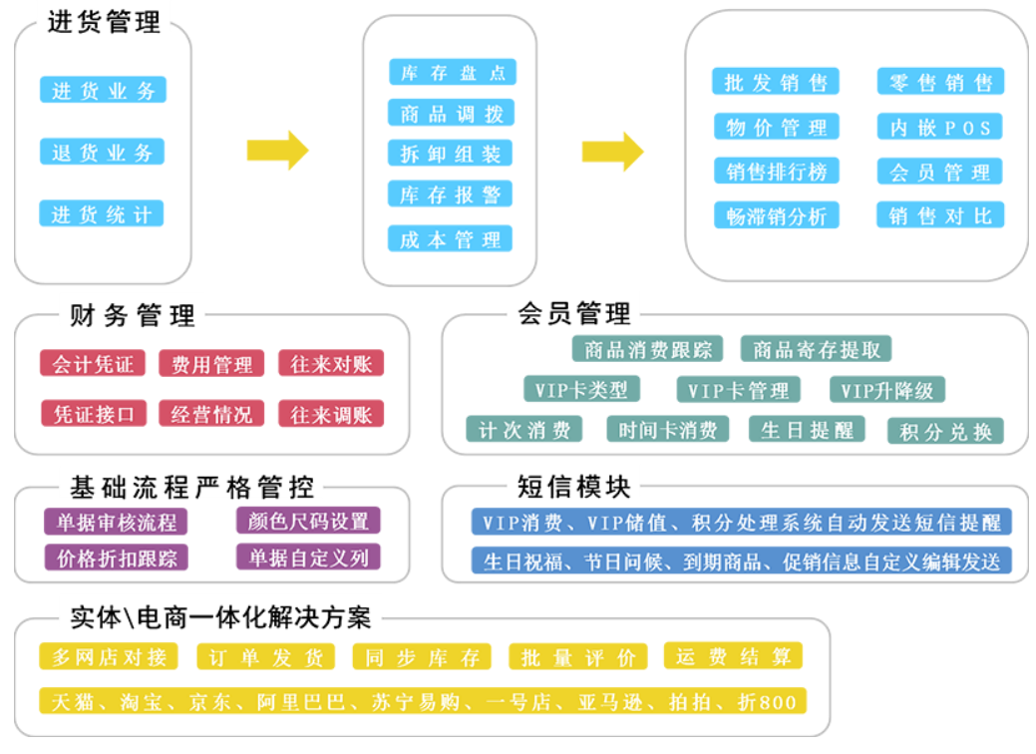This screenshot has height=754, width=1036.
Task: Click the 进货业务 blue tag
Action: [x=103, y=90]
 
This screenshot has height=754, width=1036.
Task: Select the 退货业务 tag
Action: [x=102, y=152]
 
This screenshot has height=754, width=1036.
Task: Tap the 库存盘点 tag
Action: [x=452, y=72]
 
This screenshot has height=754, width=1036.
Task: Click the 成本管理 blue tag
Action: [x=451, y=239]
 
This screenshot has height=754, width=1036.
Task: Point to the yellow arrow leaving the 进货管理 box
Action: [x=277, y=150]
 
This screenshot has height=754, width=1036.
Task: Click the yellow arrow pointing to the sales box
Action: [x=612, y=151]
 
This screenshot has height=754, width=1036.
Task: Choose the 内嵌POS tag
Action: [x=939, y=127]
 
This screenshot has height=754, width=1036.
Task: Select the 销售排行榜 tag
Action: [x=776, y=172]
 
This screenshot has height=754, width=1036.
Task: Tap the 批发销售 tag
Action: [x=776, y=82]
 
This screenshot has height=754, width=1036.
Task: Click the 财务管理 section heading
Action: [x=133, y=316]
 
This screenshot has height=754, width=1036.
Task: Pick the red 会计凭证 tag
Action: [x=93, y=364]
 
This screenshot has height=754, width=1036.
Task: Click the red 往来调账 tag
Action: [x=331, y=414]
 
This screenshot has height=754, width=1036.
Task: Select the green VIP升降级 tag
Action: [x=886, y=390]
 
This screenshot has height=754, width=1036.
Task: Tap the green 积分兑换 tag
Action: [x=945, y=431]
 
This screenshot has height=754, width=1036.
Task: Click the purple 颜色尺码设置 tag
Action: [x=308, y=521]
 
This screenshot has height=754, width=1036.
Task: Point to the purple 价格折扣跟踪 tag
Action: [x=116, y=558]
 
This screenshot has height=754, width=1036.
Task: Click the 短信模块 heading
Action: [x=574, y=487]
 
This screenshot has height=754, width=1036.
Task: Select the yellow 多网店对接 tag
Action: [x=109, y=656]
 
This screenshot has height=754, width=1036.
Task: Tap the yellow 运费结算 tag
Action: [x=733, y=656]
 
